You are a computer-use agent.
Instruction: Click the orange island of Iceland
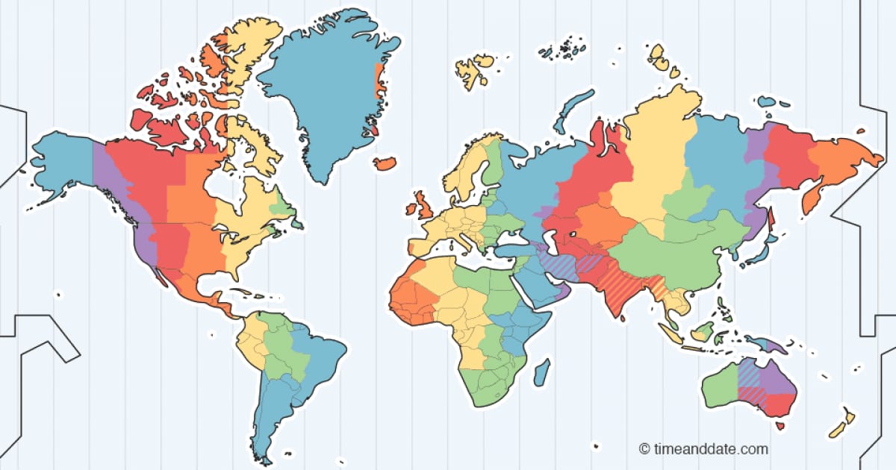[386, 163]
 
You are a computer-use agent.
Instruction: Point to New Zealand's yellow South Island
[838, 430]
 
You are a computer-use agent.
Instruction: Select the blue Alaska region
[61, 164]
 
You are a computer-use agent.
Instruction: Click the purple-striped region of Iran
[557, 265]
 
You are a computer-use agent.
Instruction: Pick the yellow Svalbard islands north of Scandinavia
[472, 69]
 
